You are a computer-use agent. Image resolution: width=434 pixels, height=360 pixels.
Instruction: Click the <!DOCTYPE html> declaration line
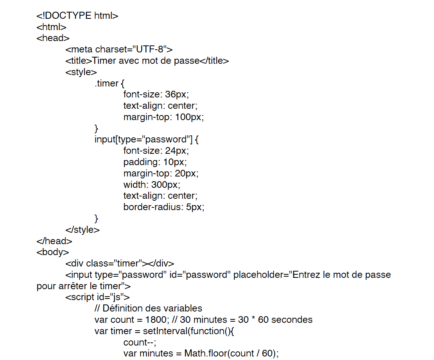click(77, 16)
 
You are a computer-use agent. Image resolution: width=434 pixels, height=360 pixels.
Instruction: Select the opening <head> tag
click(53, 38)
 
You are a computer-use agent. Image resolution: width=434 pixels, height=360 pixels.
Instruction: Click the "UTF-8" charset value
click(150, 49)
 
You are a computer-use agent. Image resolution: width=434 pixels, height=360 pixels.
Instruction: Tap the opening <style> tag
click(81, 72)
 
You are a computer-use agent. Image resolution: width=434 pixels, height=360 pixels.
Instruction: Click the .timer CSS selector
click(107, 83)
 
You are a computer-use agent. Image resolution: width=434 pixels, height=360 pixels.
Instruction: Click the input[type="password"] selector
click(143, 139)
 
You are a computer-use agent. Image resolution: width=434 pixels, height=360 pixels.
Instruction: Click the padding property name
click(142, 162)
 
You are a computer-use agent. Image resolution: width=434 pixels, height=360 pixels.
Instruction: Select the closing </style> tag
click(82, 230)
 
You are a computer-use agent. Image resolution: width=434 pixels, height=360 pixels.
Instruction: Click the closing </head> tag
click(54, 241)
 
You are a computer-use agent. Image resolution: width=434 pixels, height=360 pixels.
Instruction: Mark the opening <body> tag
click(53, 252)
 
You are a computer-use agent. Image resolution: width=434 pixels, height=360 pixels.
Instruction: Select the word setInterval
click(165, 331)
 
